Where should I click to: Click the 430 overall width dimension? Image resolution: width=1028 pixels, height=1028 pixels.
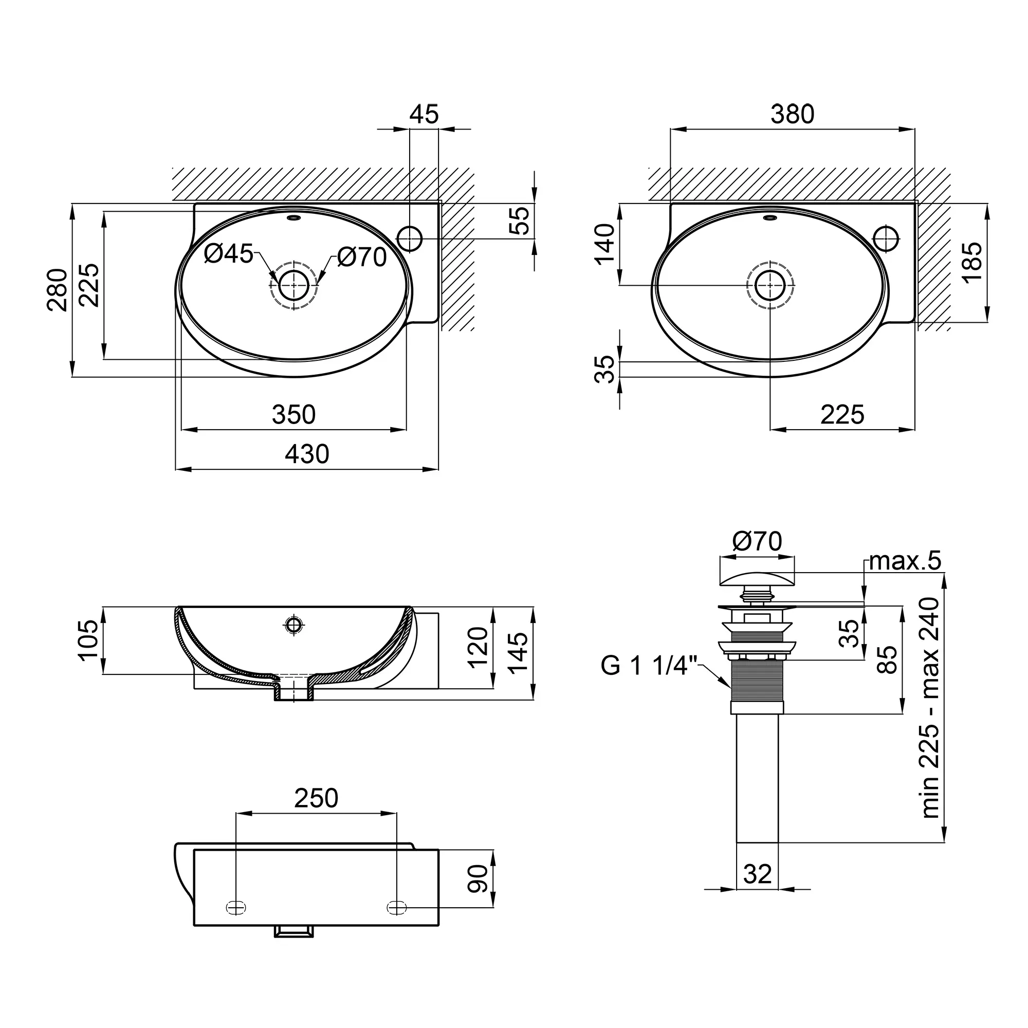(x=307, y=454)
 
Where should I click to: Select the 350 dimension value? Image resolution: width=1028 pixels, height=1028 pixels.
(x=293, y=414)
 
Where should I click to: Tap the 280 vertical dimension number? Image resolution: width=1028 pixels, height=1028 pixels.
(x=58, y=290)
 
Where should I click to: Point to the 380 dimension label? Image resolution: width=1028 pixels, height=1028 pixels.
(x=792, y=114)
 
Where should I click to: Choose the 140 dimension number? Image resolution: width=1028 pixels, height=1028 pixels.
(x=604, y=244)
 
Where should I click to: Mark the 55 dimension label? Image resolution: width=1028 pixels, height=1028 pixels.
(x=520, y=221)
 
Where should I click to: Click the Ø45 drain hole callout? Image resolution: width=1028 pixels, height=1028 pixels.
(x=229, y=254)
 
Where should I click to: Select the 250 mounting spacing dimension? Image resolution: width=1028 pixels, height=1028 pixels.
(x=316, y=798)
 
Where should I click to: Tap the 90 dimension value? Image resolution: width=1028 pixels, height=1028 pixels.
(x=478, y=878)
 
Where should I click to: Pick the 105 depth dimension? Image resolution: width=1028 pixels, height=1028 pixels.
(x=88, y=640)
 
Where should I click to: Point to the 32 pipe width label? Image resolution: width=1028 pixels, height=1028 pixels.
(x=757, y=874)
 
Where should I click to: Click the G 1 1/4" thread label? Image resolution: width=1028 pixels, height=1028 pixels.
(x=649, y=665)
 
